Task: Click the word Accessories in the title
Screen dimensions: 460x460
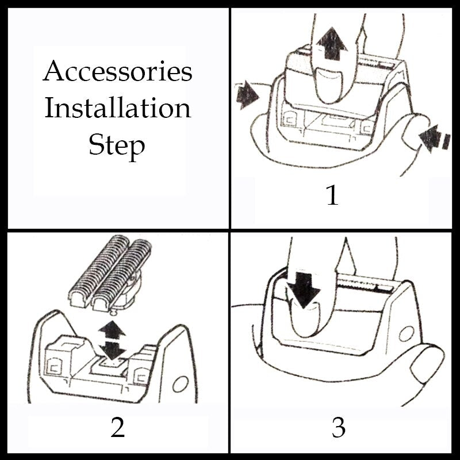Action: [117, 72]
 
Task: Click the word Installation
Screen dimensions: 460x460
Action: [117, 108]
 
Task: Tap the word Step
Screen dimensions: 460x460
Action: [117, 145]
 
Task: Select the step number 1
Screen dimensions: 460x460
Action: [332, 196]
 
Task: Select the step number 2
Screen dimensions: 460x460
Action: [117, 428]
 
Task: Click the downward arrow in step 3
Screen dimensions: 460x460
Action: [303, 286]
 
